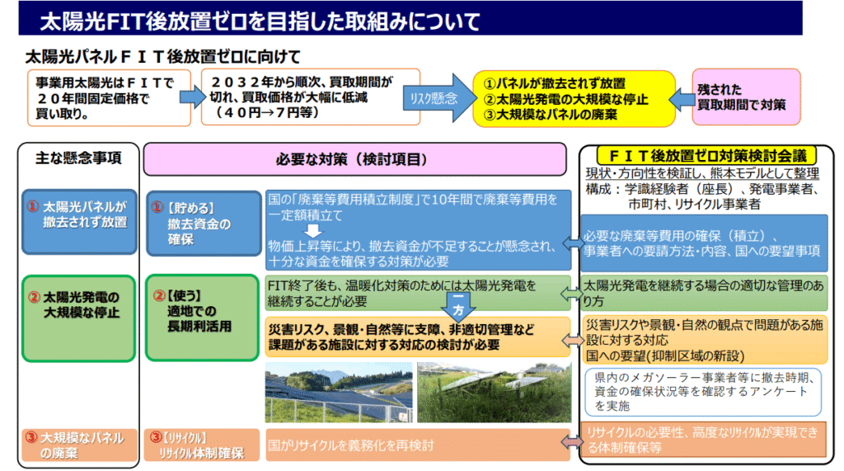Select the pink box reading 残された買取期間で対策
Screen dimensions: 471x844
click(x=746, y=97)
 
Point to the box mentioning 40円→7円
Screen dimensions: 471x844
click(x=300, y=98)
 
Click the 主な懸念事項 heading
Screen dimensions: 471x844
click(x=79, y=158)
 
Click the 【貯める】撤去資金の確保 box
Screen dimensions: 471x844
click(x=201, y=223)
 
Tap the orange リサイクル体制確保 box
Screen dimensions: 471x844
click(x=201, y=445)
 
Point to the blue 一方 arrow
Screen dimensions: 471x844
click(x=457, y=306)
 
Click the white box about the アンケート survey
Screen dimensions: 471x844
click(x=705, y=392)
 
